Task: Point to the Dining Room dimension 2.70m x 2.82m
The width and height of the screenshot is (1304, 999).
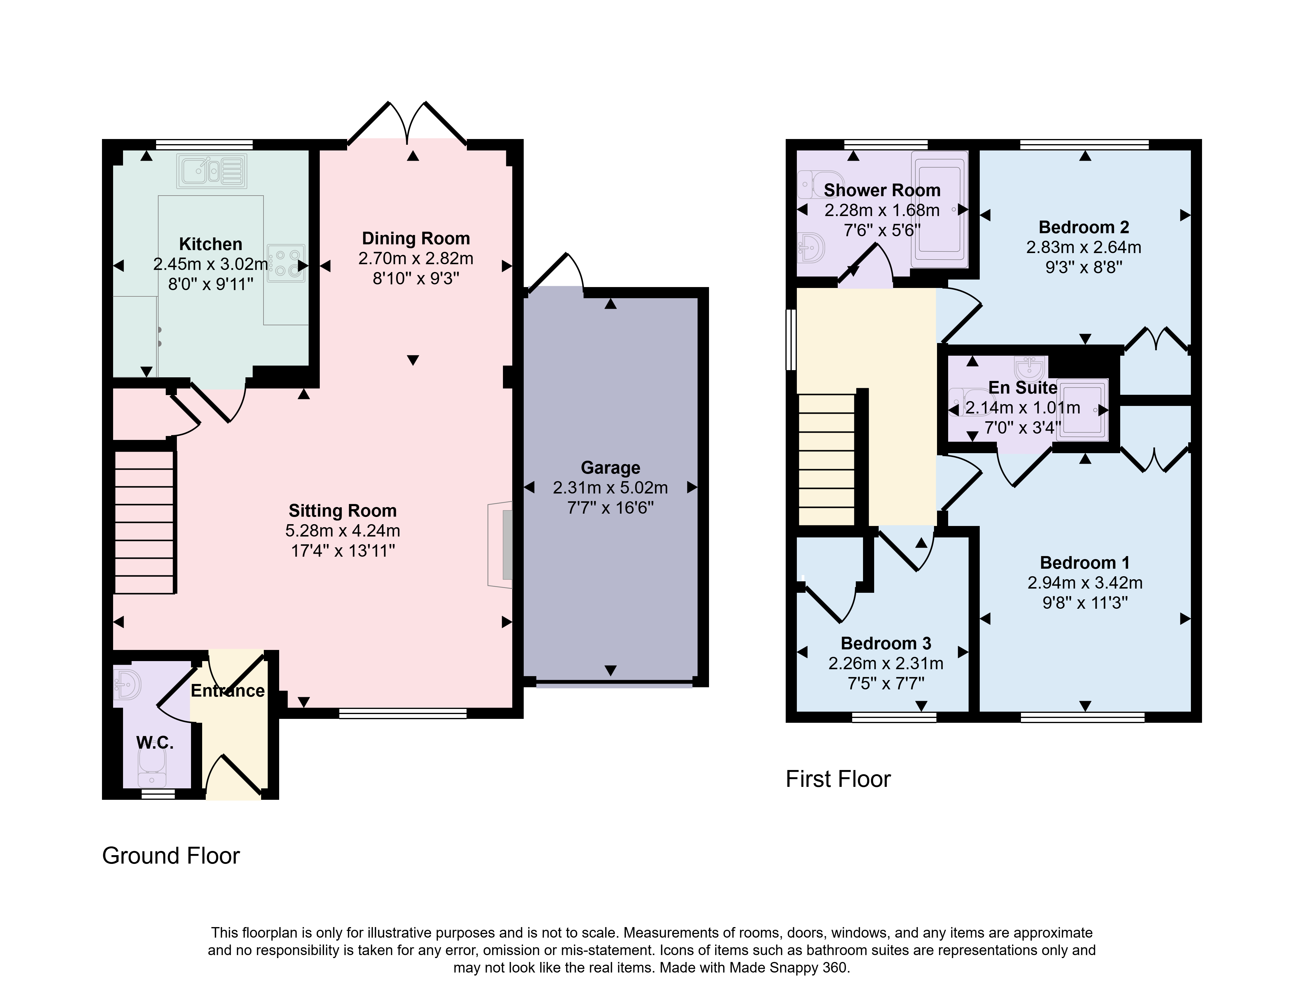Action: point(415,259)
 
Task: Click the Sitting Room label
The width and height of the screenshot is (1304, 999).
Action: point(342,511)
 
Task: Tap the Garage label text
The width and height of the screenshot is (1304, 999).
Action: point(610,468)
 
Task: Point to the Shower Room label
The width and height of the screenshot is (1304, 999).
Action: point(882,190)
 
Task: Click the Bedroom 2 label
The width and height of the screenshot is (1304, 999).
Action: point(1084,227)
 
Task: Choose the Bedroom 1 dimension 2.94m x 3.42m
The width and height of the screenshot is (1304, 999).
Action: point(1085,583)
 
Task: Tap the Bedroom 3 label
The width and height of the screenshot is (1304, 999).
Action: point(886,643)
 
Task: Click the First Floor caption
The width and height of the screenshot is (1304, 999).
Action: point(838,779)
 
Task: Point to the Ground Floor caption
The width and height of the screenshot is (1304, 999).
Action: point(171,856)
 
